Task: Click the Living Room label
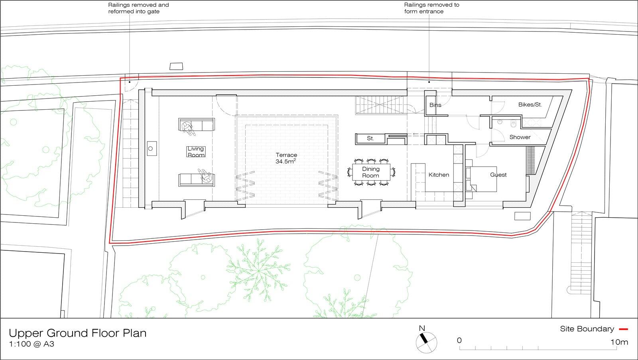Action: click(196, 152)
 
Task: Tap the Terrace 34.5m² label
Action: click(286, 158)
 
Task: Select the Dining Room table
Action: click(370, 172)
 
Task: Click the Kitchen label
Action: click(439, 175)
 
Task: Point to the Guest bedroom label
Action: click(498, 175)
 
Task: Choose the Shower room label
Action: click(520, 137)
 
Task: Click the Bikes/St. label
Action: click(530, 105)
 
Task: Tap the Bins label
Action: click(435, 105)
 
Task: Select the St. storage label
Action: click(370, 139)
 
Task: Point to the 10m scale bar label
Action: click(619, 342)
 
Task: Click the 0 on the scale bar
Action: click(459, 340)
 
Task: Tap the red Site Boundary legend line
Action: click(623, 329)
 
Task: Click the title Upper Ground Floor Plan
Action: click(78, 333)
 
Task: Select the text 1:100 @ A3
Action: click(32, 344)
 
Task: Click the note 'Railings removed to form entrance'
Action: click(431, 8)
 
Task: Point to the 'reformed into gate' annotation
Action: click(134, 12)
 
